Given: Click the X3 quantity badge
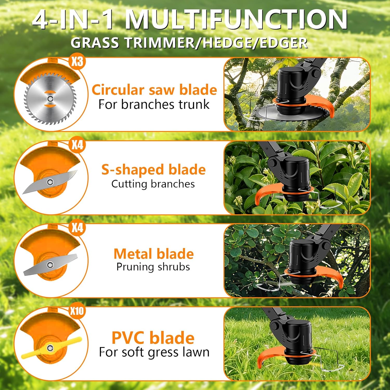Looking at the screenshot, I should (x=77, y=62).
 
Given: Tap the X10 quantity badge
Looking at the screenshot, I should (x=77, y=311).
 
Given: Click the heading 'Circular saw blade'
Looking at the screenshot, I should (x=154, y=90).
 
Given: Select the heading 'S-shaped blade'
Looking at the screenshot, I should (x=153, y=170).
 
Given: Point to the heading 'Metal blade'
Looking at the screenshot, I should (x=154, y=254).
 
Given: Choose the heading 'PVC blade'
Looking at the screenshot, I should (x=153, y=338).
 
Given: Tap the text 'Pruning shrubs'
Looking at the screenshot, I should (x=153, y=267).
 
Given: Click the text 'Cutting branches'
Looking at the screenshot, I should (x=153, y=184).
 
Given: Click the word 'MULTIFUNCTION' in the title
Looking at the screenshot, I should (x=237, y=19).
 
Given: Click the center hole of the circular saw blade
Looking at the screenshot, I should (x=50, y=98).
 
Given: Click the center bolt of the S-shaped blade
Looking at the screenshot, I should (x=50, y=182).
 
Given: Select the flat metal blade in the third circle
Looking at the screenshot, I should (x=50, y=265).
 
